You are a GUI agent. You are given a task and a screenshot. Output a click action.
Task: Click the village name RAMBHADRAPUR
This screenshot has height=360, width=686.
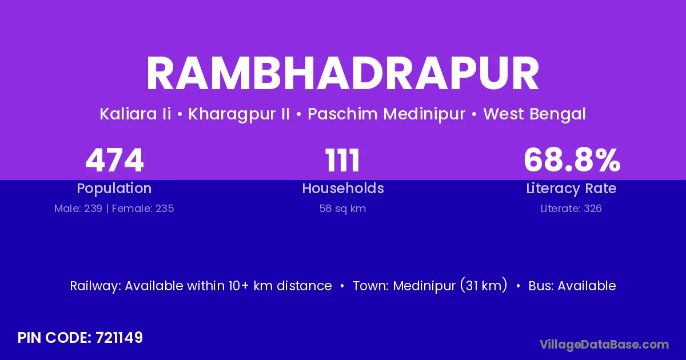point(342,74)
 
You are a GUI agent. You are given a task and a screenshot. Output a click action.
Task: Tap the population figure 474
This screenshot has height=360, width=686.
point(114,160)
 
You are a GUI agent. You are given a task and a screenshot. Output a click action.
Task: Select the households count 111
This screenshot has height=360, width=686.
point(342,160)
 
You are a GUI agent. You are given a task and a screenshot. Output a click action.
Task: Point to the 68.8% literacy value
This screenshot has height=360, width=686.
point(572,160)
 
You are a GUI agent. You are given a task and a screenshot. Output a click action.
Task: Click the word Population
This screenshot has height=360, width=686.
point(114,189)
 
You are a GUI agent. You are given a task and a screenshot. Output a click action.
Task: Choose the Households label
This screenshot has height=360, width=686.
point(343,188)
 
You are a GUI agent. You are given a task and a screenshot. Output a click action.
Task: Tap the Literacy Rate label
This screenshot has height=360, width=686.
point(571,189)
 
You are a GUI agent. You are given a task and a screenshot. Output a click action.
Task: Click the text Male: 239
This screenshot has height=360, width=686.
point(78,209)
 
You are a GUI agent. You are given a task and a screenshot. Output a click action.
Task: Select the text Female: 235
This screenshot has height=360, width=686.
point(143,209)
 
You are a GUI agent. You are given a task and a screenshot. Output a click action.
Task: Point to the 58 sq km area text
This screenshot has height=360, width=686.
point(342,209)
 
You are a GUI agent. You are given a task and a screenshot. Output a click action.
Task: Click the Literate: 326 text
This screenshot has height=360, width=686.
point(571,209)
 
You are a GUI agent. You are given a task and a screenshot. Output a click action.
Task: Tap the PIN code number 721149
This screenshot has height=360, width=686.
point(119,338)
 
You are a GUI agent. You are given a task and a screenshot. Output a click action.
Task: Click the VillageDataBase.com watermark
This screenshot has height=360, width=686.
point(604,345)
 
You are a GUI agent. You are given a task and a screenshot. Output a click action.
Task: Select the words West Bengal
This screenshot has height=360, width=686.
point(535,114)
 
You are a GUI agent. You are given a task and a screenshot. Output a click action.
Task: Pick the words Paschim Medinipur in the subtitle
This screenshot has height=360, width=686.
point(386,114)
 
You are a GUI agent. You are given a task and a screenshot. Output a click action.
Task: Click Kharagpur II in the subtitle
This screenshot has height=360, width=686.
point(239,114)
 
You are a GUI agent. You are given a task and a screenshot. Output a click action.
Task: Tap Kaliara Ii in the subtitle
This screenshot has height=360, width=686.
point(135,114)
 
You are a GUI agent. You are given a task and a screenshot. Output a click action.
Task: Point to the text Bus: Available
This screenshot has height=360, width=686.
point(572,286)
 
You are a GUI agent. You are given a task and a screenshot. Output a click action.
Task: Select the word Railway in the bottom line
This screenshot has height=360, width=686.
point(95,286)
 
